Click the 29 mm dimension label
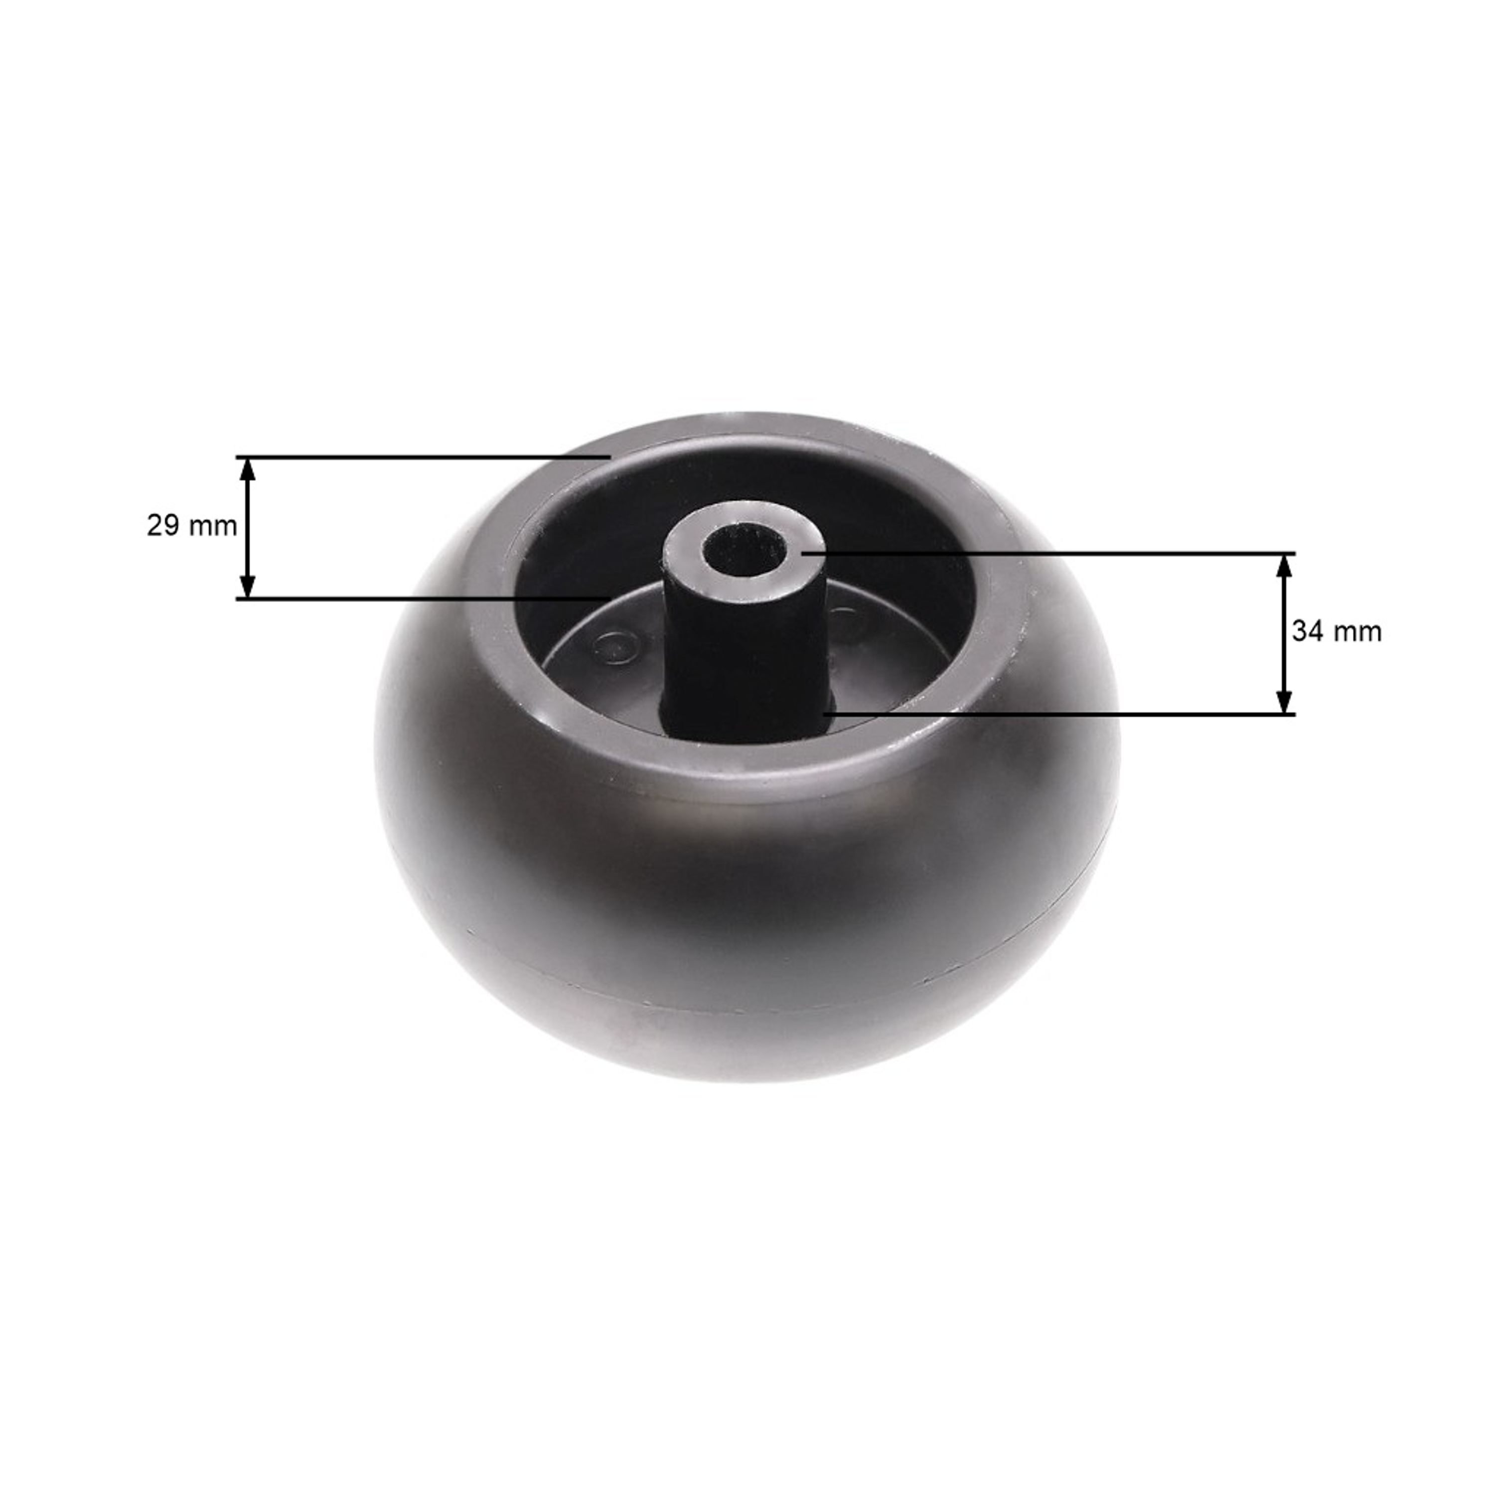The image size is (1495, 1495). [192, 526]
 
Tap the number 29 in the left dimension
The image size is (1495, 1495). [164, 526]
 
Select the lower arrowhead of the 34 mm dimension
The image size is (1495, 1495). [1284, 701]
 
